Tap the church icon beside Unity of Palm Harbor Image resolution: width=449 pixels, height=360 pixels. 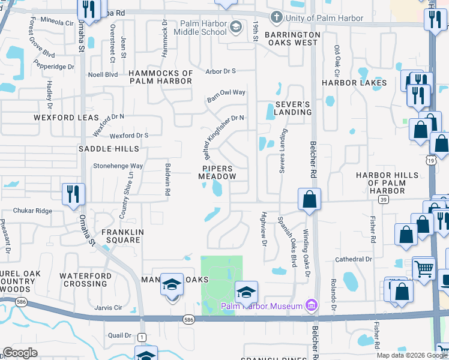(277, 17)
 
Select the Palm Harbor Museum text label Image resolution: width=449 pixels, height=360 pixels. (261, 307)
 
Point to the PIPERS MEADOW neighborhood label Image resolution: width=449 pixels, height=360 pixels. (216, 172)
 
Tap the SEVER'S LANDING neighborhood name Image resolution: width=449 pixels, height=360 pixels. (292, 108)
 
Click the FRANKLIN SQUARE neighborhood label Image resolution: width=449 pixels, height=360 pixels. (121, 236)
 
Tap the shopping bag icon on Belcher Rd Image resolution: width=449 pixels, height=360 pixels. (309, 199)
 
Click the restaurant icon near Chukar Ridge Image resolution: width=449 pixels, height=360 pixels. (73, 194)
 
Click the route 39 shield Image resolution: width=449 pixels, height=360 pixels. (384, 199)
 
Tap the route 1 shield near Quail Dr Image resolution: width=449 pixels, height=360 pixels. (142, 337)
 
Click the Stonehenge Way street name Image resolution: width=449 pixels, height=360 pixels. (117, 166)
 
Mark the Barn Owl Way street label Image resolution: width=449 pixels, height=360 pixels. (226, 95)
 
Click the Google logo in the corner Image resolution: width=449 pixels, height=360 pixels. (20, 353)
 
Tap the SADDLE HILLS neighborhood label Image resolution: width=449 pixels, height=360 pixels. (109, 148)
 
